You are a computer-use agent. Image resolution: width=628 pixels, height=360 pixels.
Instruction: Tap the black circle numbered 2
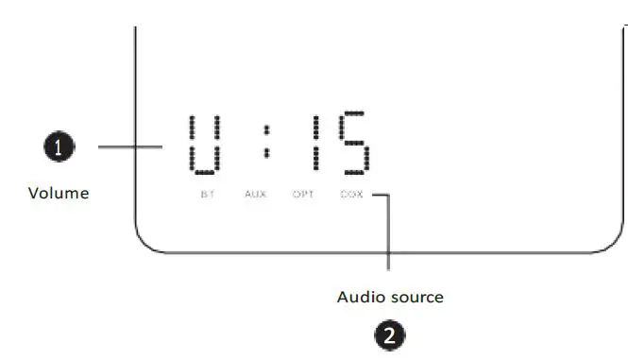click(x=390, y=334)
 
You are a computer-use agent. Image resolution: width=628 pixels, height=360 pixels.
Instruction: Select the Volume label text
click(x=59, y=193)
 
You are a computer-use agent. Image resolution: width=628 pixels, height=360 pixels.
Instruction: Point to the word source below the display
click(x=416, y=297)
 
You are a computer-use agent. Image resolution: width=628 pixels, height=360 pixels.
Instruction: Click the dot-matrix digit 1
click(x=315, y=145)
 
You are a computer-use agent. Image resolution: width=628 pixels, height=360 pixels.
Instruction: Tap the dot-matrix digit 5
click(x=354, y=145)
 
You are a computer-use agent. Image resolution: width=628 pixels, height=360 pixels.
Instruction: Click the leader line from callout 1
click(x=132, y=147)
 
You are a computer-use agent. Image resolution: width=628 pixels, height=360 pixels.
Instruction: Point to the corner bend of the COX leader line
click(x=387, y=196)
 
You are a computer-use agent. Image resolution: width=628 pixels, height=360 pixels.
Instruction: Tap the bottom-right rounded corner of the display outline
click(x=612, y=244)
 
